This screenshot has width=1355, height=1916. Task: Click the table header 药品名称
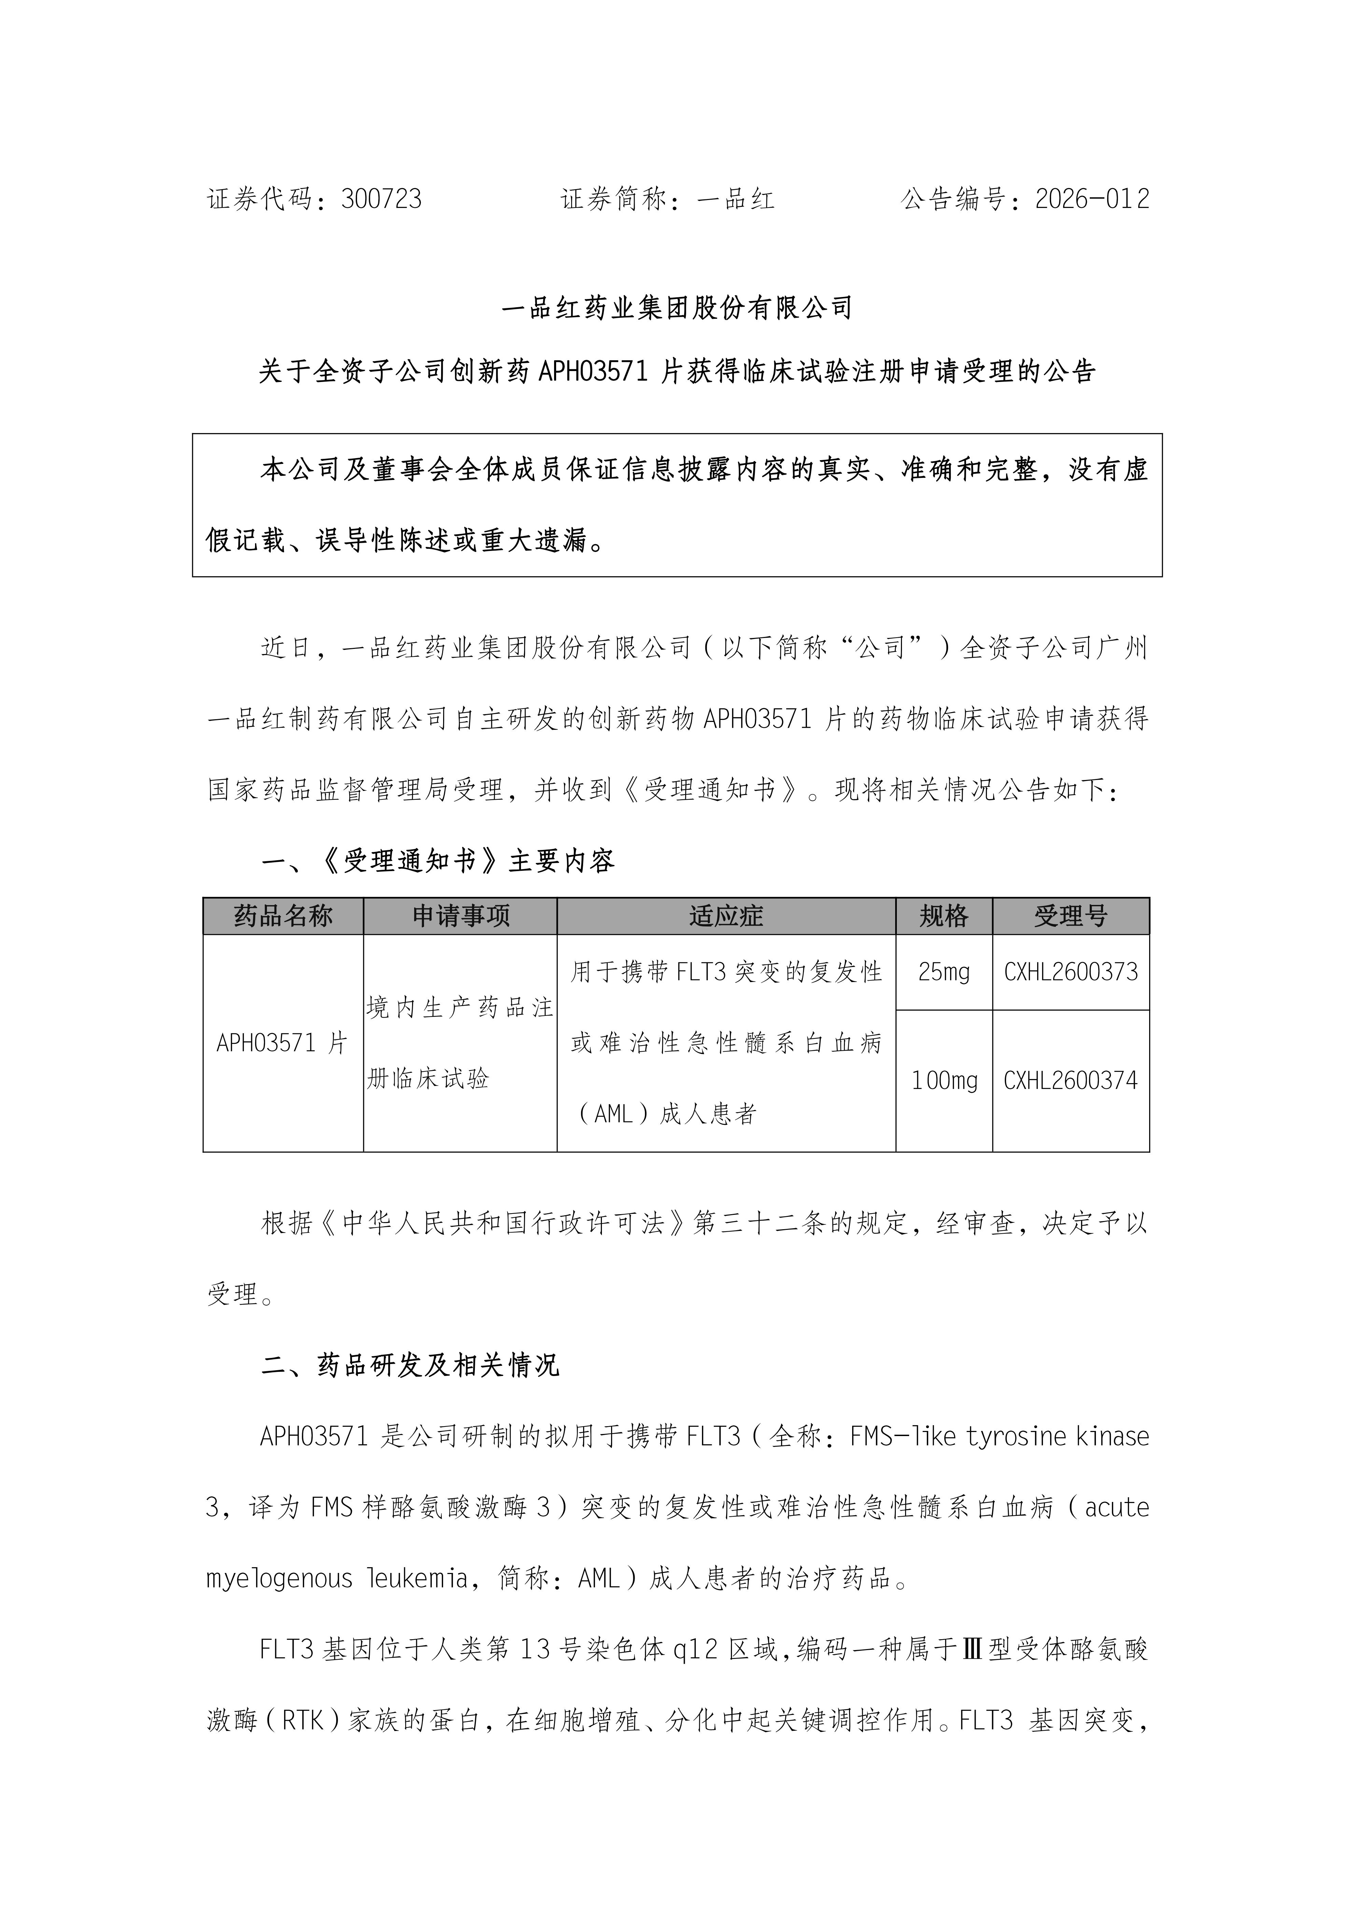coord(283,916)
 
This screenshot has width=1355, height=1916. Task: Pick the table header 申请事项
coord(461,916)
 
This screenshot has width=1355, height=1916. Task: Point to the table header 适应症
coord(726,916)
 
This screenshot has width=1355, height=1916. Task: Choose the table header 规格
coord(944,916)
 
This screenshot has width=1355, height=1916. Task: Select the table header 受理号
coord(1071,916)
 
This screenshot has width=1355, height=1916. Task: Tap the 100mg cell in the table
coord(944,1081)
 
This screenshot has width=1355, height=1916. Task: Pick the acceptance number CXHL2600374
coord(1071,1081)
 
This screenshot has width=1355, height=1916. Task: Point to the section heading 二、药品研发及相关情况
coord(410,1365)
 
